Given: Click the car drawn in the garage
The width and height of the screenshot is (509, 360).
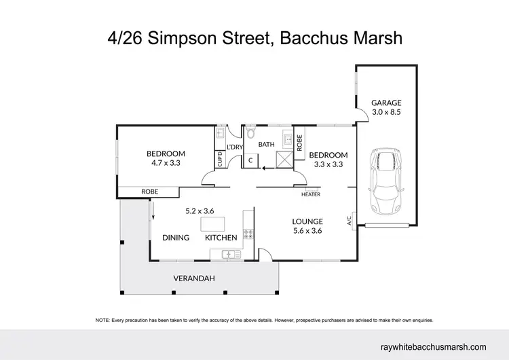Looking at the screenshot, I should click(385, 182).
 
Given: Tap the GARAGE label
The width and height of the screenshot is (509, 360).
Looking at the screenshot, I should click(385, 103).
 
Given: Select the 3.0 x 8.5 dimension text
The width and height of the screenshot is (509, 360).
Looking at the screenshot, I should click(385, 113).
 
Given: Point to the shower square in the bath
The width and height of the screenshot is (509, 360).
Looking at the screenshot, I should click(283, 160).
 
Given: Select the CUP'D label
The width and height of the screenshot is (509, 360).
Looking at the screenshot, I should click(220, 160).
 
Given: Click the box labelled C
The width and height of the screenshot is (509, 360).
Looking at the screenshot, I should click(250, 161).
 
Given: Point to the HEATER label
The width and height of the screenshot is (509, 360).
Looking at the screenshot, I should click(311, 195).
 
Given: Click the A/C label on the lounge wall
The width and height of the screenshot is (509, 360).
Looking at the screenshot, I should click(350, 221).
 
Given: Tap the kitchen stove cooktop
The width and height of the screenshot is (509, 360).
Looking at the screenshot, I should click(248, 235).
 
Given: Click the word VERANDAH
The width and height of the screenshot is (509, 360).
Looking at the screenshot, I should click(194, 278).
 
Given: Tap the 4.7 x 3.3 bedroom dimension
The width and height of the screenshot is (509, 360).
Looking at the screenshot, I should click(166, 164).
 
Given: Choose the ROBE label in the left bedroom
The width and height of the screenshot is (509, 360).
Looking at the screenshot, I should click(149, 192).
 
